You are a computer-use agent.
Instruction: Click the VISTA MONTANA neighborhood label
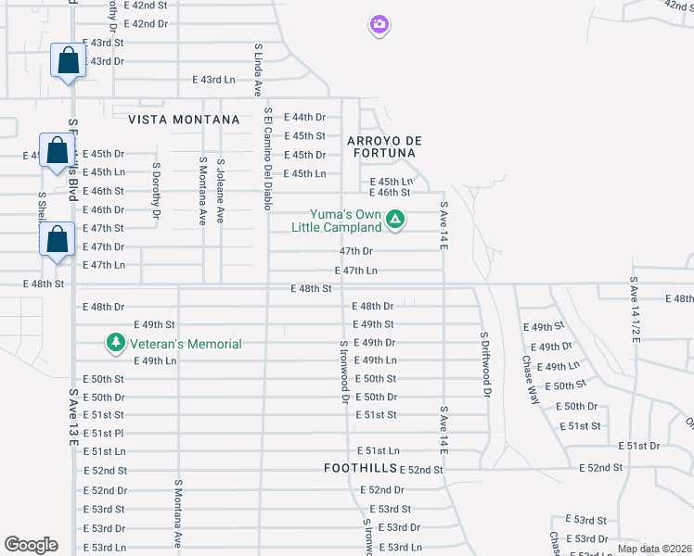pos(184,120)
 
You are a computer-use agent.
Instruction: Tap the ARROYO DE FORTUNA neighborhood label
pos(384,147)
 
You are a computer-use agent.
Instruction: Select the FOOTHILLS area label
pos(361,469)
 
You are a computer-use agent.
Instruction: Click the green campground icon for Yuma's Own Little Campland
pos(395,220)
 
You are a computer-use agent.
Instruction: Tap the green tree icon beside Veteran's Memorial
pos(116,344)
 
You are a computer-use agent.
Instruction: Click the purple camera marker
pos(379,25)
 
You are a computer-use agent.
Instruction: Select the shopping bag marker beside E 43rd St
pos(69,61)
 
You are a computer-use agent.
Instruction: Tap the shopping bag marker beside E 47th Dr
pos(58,238)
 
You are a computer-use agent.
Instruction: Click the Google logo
pos(31,545)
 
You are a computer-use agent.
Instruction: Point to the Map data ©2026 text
pos(654,548)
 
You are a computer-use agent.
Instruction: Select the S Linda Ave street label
pos(257,69)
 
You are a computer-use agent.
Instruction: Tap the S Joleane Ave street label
pos(221,190)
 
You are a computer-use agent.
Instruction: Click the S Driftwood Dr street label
pos(484,364)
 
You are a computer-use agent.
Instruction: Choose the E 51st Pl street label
pos(104,433)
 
